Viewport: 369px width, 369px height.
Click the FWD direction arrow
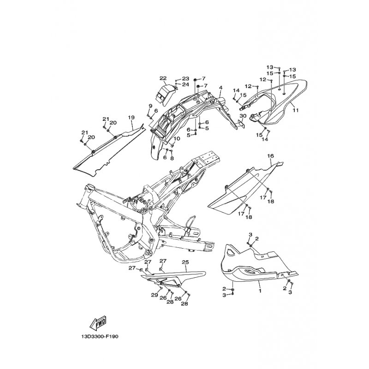tap(98, 323)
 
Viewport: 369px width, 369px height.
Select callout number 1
tap(260, 291)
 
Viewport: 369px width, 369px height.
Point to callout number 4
tap(208, 88)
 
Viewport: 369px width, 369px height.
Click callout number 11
tap(296, 110)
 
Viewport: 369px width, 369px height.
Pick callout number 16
tap(271, 156)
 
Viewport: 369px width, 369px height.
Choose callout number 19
tap(131, 117)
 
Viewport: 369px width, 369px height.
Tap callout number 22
tap(163, 78)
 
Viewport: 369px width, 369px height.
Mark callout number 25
tap(185, 262)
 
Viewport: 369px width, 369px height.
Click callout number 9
tap(150, 107)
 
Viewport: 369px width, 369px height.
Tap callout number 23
tap(185, 78)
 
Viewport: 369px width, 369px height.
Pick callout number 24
tap(185, 84)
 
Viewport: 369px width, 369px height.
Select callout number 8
tap(172, 158)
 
